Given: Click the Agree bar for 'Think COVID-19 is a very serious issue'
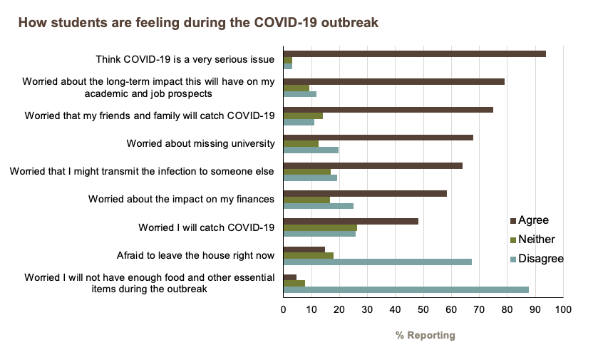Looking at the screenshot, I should [x=415, y=54].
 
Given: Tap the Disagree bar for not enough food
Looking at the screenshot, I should [x=406, y=289].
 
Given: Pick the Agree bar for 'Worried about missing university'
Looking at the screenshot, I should [x=378, y=137].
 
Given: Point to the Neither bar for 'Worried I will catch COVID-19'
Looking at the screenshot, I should [x=320, y=227].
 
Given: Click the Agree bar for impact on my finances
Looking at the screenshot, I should [x=365, y=192].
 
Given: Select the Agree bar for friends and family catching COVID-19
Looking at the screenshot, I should [x=388, y=109].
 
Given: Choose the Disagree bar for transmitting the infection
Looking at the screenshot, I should [x=310, y=178].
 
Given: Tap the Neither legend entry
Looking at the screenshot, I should [x=536, y=240].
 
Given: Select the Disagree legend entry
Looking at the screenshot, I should [x=540, y=259].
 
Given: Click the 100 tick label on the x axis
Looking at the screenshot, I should [x=563, y=310].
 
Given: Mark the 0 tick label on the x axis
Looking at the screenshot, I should [x=284, y=310].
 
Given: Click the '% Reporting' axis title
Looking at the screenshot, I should [x=425, y=335].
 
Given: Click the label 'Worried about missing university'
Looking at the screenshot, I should [x=200, y=144].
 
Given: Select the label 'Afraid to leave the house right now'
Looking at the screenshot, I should [x=195, y=254].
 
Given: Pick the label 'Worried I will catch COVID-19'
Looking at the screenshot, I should [x=206, y=227].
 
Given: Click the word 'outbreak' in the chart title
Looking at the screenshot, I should [x=352, y=23].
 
